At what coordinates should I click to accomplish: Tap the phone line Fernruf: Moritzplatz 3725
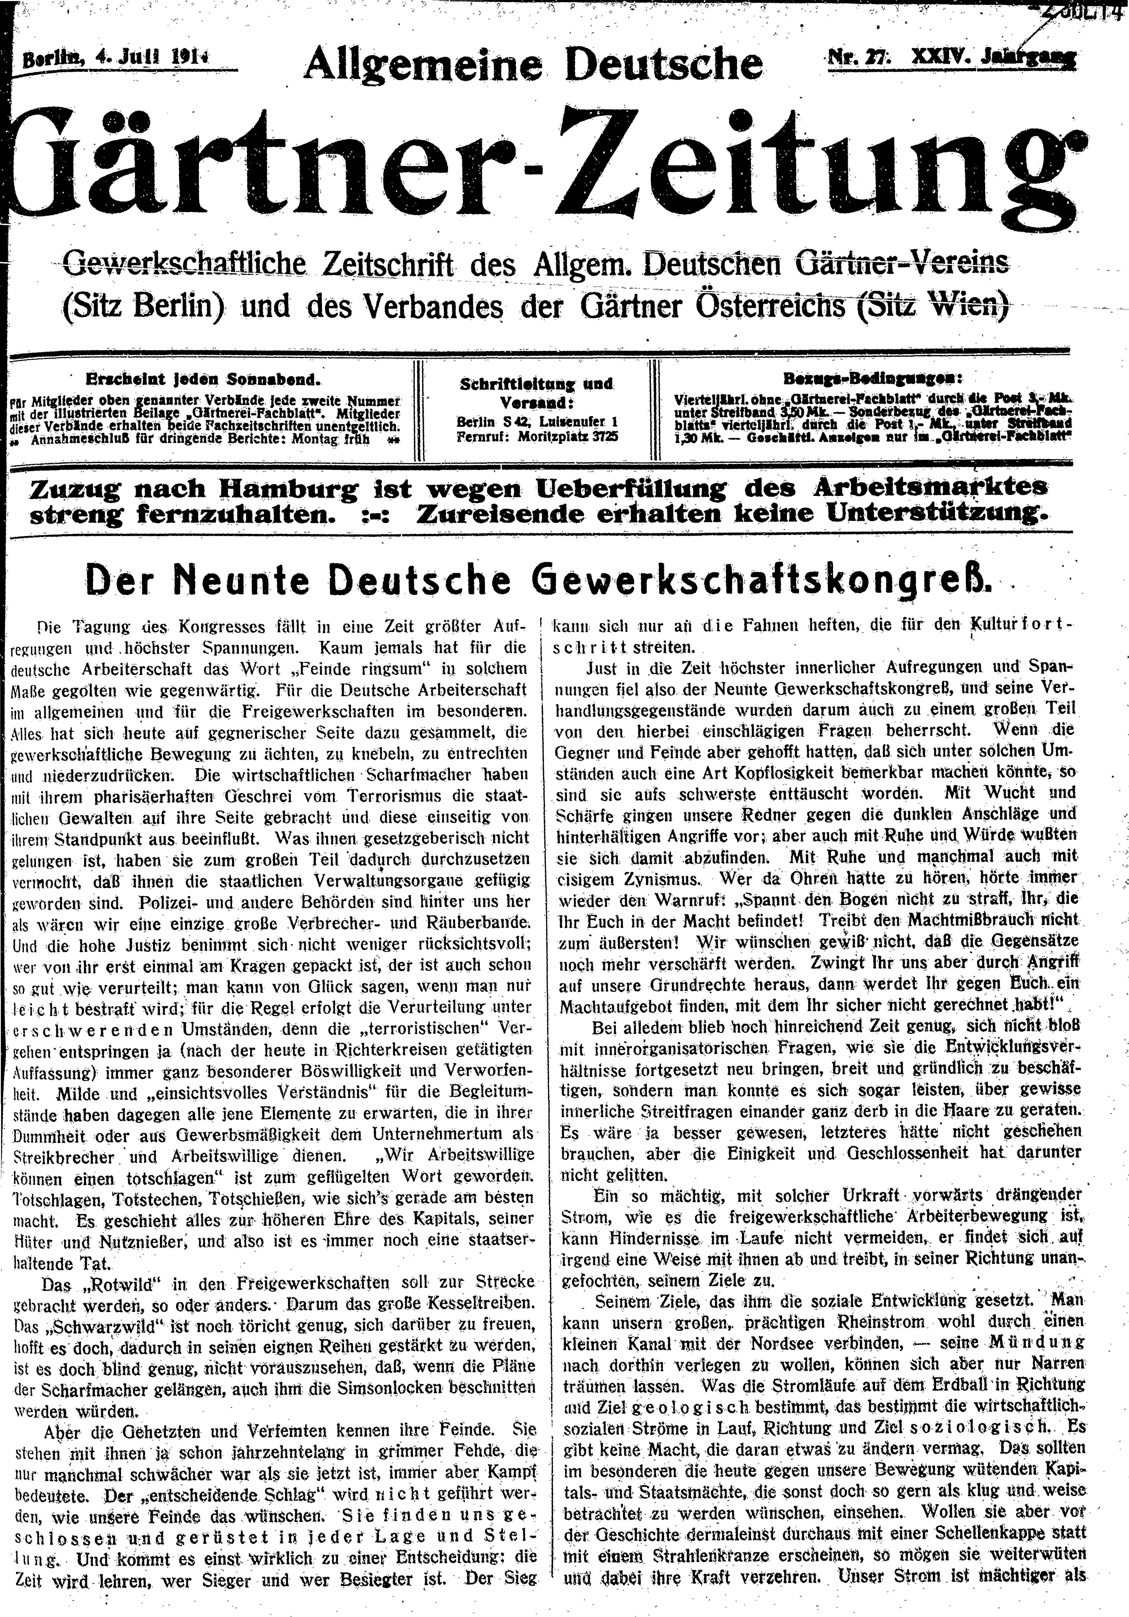537,435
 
